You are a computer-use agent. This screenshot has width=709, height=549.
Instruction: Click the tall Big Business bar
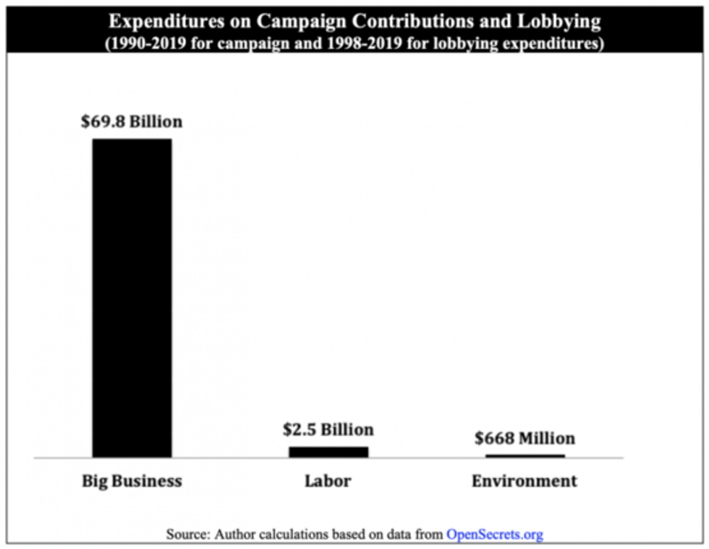(x=132, y=297)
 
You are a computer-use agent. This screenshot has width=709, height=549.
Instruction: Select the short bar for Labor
(x=328, y=451)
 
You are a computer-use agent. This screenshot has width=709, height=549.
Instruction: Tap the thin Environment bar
(x=525, y=455)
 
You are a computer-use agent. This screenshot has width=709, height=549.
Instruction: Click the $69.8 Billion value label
(x=132, y=122)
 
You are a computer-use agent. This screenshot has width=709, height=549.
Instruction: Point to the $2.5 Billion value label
(x=328, y=430)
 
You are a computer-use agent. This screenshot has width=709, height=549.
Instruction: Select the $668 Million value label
(x=525, y=438)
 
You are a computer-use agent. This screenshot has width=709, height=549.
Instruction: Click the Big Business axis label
(x=132, y=481)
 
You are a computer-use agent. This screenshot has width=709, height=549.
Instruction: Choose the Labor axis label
(x=328, y=481)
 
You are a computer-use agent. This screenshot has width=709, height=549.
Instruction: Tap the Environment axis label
(x=525, y=481)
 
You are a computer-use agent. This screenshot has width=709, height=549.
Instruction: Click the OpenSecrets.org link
(x=494, y=535)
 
